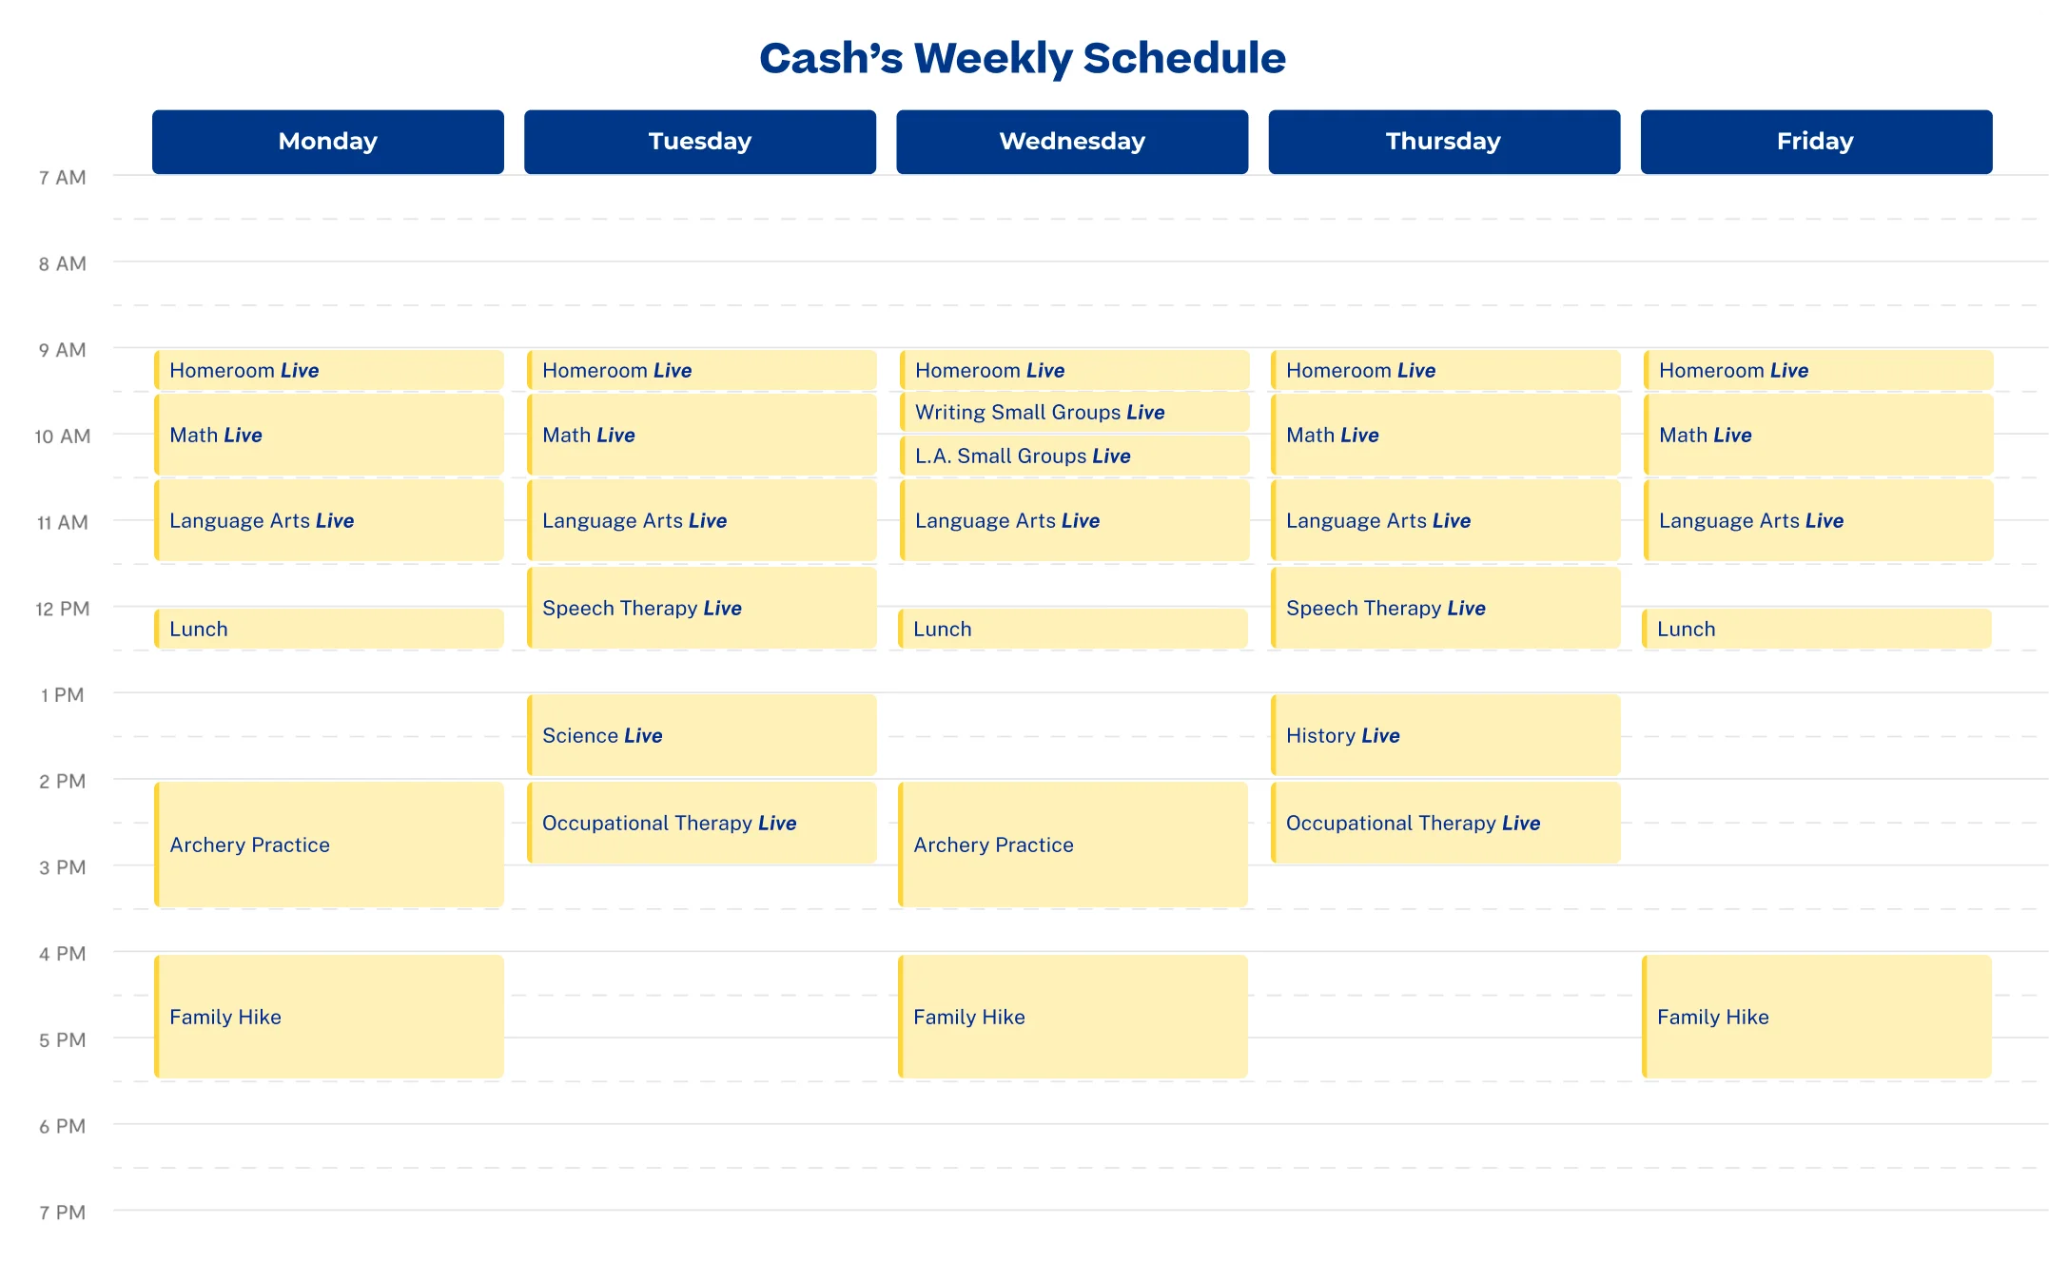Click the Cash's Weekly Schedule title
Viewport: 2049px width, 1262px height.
click(1023, 59)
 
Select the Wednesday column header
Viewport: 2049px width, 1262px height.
click(1072, 142)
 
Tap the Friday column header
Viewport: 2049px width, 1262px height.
click(1816, 142)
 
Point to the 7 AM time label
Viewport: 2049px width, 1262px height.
click(62, 178)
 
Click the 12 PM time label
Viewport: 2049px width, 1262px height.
click(62, 609)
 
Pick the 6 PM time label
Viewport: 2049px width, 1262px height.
click(62, 1126)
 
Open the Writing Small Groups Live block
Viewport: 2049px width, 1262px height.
click(1074, 412)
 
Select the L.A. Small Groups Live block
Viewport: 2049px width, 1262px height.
click(1074, 456)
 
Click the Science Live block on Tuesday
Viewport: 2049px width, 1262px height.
click(702, 735)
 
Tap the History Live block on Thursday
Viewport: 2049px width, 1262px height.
click(1446, 735)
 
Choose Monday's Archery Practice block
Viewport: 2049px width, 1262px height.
click(329, 845)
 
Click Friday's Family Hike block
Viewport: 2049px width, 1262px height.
click(1817, 1017)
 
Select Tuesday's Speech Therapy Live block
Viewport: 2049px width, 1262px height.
click(702, 608)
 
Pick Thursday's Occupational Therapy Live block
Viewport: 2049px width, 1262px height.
click(1446, 823)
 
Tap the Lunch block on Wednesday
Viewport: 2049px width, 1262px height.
click(1073, 629)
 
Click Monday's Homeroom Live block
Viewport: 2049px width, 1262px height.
click(329, 370)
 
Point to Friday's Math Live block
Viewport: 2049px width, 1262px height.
click(1818, 435)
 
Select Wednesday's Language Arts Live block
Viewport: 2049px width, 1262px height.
click(1074, 520)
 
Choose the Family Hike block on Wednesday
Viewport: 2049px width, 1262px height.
click(1073, 1017)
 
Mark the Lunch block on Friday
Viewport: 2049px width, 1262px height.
click(1817, 629)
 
